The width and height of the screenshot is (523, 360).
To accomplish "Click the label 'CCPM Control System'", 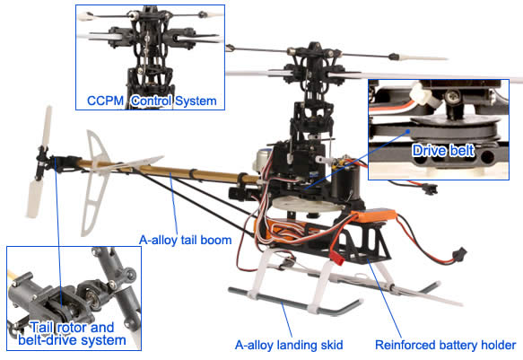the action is point(152,101).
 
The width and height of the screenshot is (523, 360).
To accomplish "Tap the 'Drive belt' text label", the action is point(443,151).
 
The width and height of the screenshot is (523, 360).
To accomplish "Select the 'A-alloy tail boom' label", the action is point(186,240).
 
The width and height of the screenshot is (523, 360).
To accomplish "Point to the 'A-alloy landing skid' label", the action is point(289,345).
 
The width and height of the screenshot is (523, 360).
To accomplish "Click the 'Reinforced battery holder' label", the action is point(446,345).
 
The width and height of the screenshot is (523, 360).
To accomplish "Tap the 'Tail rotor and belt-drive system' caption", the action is point(72,334).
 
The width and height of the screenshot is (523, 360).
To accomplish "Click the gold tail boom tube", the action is point(167,171).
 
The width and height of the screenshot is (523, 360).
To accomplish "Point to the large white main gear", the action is point(307,204).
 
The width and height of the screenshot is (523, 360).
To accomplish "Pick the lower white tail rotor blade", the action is point(34,198).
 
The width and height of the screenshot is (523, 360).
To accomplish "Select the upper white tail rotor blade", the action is point(47,126).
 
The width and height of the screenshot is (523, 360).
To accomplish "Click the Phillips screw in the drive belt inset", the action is point(453,97).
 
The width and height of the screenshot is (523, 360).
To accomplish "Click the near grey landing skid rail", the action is point(294,303).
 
